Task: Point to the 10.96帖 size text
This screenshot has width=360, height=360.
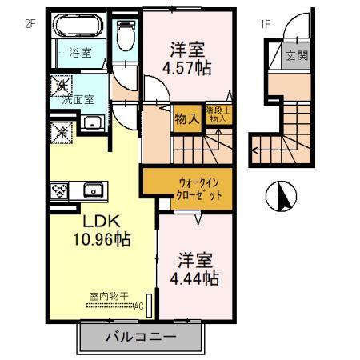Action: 99,238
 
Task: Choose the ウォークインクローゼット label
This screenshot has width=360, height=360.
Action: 188,189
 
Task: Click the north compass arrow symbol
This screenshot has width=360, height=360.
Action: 282,194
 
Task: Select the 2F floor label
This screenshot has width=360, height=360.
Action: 31,23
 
